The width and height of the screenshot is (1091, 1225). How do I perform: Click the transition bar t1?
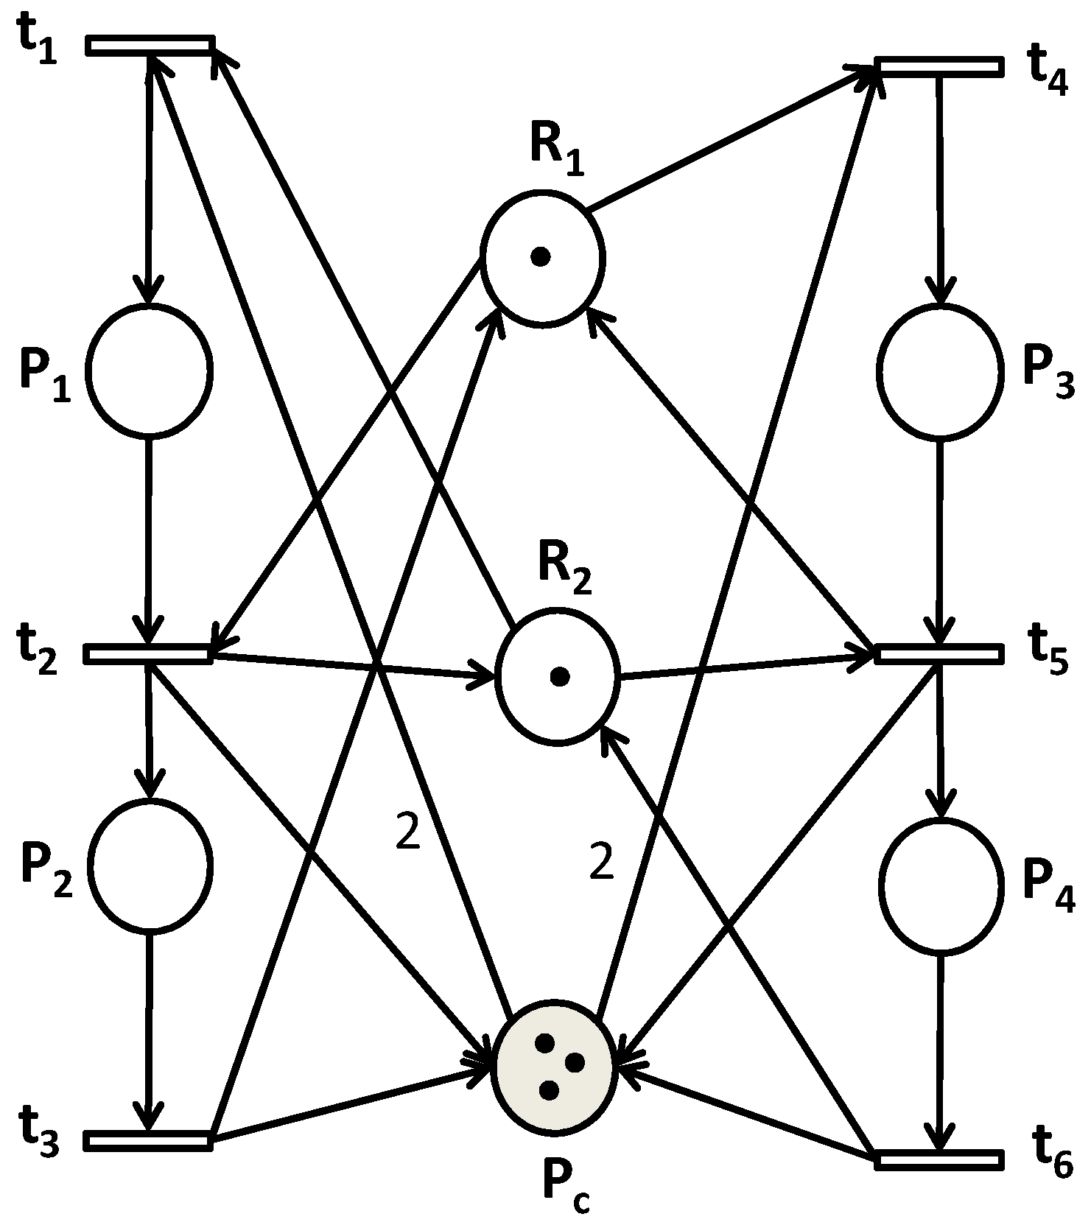tap(150, 45)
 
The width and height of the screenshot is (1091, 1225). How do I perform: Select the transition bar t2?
tap(149, 653)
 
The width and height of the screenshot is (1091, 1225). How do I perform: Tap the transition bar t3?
tap(149, 1140)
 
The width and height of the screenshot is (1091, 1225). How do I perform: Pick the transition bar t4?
tap(939, 66)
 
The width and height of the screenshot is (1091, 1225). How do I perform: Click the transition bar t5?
tap(939, 653)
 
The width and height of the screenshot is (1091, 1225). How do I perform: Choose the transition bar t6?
tap(939, 1159)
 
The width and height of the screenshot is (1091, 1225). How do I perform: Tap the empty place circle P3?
tap(940, 371)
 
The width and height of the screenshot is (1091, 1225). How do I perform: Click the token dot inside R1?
tap(541, 257)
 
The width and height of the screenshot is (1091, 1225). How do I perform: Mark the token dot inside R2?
tap(560, 676)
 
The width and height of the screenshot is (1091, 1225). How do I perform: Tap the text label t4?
tap(1048, 71)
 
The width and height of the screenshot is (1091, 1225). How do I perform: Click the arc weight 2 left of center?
tap(407, 833)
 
